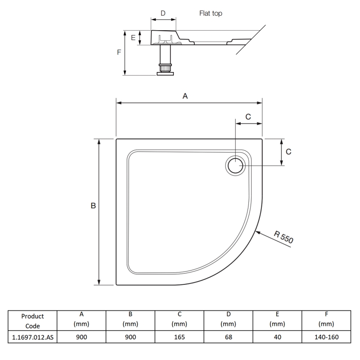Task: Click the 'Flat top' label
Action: click(211, 13)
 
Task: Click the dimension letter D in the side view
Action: click(163, 13)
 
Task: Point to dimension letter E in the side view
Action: click(133, 38)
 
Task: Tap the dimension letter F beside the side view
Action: click(119, 52)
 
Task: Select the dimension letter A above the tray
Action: click(184, 96)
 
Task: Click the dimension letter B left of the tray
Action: click(93, 206)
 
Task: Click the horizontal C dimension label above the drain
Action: click(248, 116)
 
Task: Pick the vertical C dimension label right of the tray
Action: click(288, 152)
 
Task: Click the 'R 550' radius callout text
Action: click(283, 237)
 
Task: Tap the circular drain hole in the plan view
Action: click(235, 166)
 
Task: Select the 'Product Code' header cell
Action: click(33, 321)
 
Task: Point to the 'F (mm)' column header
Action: click(326, 319)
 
